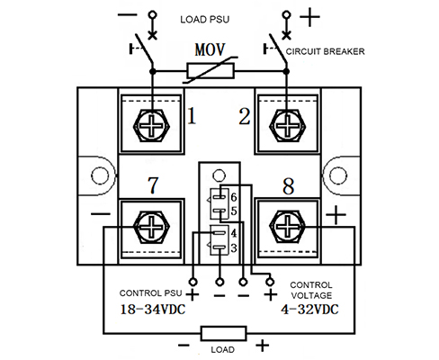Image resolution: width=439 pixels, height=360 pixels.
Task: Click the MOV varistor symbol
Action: coord(211,70)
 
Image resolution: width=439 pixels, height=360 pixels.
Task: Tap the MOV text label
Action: coord(210,49)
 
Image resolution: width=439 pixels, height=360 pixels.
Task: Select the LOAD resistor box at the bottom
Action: coord(223,333)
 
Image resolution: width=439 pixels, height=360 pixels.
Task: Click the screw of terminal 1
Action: coord(151,125)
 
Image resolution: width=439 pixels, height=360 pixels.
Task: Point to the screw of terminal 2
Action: coord(287,125)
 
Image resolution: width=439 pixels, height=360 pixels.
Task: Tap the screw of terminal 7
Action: coord(151,228)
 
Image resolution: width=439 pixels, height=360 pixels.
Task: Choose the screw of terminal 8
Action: coord(287,228)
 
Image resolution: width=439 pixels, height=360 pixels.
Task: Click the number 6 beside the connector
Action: coord(234,197)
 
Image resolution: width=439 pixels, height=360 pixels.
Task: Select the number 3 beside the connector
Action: coord(234,248)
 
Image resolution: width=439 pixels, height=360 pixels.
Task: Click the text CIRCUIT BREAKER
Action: coord(325,51)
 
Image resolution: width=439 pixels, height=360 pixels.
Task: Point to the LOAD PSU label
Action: coord(205,20)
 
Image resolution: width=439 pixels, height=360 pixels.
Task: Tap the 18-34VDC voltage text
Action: coord(153,310)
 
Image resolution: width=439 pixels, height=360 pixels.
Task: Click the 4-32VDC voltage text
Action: coord(309,310)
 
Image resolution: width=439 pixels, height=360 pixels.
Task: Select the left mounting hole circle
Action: coord(100,175)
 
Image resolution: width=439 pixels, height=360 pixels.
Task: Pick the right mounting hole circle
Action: coord(338,175)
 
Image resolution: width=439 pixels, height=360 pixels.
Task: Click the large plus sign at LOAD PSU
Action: coord(309,16)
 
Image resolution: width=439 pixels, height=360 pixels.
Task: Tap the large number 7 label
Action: coord(153,185)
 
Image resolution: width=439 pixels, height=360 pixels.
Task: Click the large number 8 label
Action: coord(288,186)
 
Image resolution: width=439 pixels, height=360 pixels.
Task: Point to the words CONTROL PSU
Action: coord(150,293)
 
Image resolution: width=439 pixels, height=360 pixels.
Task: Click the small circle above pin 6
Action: coord(219,175)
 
